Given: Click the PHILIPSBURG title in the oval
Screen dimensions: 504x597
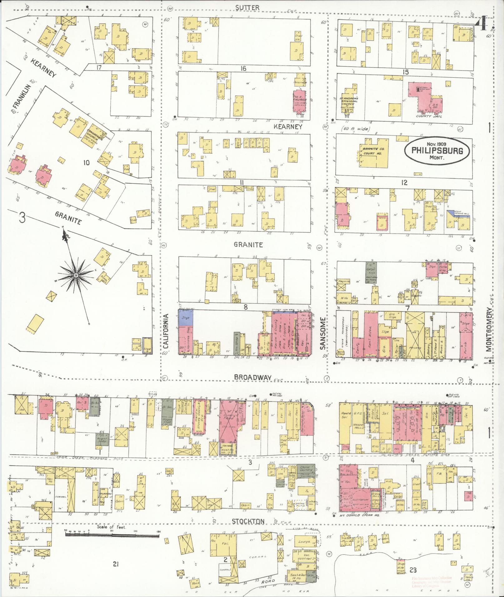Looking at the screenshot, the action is tap(436, 150).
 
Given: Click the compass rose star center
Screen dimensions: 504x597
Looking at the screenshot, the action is tap(76, 275).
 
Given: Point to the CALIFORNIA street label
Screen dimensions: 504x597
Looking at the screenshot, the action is tap(166, 335).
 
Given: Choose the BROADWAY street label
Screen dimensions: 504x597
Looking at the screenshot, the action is tap(252, 377).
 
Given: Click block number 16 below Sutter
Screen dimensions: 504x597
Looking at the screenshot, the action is tap(243, 69).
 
